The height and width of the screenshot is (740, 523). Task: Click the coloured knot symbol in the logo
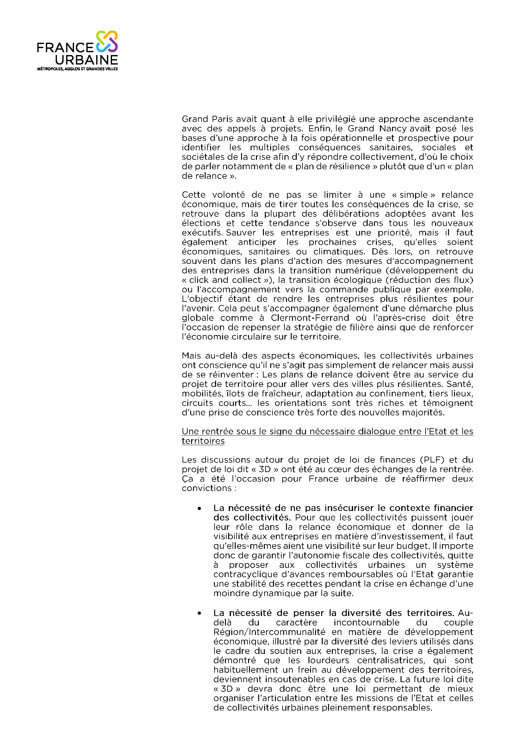pos(107,41)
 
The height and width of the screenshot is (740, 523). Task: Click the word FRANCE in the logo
pos(65,48)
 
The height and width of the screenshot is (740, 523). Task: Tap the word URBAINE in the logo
pos(86,60)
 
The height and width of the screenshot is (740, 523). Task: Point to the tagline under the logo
pos(77,69)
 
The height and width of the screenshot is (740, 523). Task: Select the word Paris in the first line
pos(222,119)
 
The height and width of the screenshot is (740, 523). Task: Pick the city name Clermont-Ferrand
pos(310,318)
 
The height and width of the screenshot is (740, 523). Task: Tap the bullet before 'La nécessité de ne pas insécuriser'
pos(199,508)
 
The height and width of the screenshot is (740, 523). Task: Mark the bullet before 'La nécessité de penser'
pos(199,613)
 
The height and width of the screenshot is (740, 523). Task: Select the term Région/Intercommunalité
pos(269,632)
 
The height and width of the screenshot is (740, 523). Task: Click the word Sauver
pos(241,233)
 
